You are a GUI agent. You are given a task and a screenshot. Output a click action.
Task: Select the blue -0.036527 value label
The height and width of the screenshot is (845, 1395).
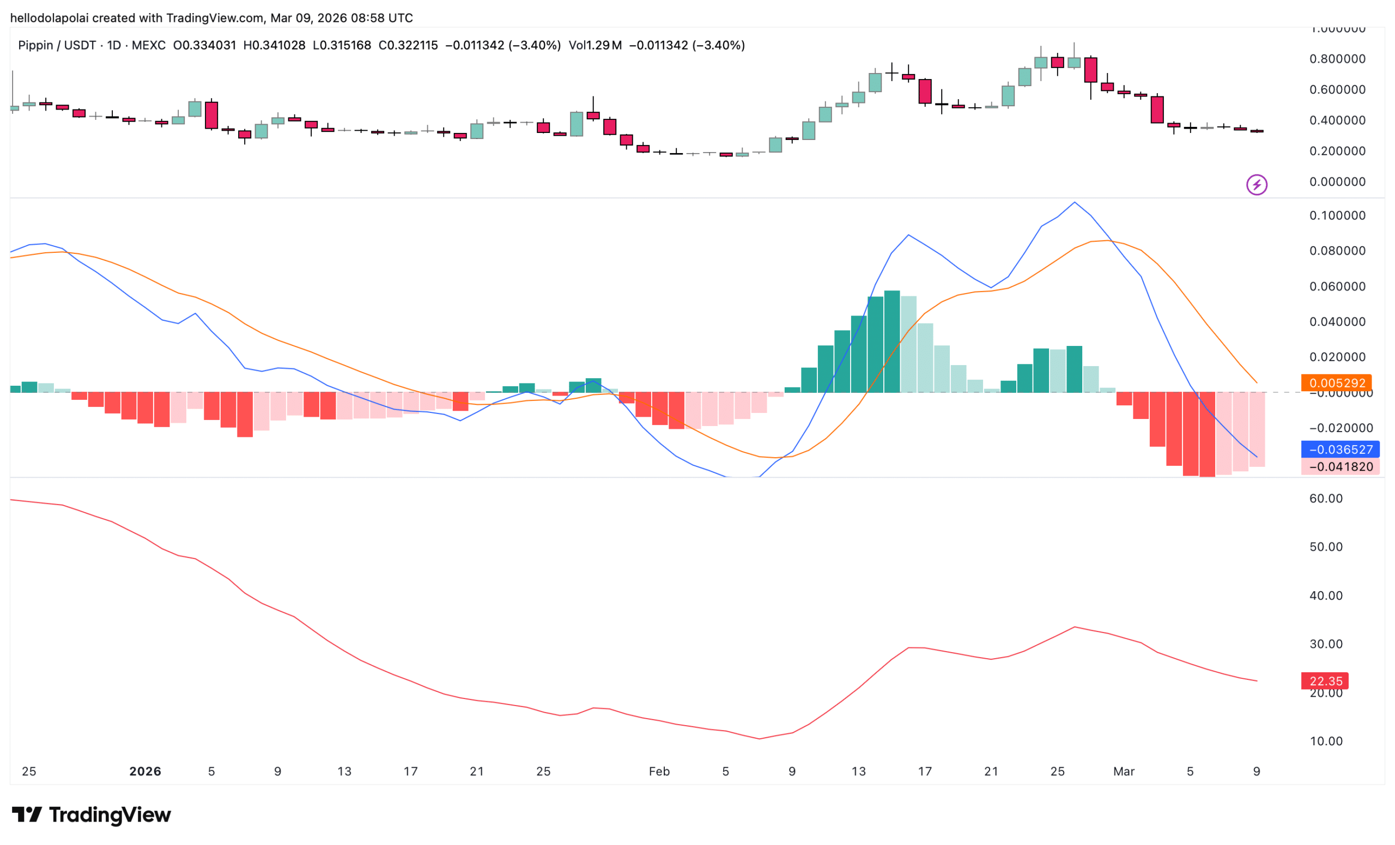(1340, 449)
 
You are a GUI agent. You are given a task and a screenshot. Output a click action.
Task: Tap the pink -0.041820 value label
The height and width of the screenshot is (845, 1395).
(1340, 467)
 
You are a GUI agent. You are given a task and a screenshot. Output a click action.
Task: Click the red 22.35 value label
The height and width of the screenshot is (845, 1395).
(1325, 681)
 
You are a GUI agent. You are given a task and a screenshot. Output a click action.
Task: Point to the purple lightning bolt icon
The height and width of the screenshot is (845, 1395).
(1256, 185)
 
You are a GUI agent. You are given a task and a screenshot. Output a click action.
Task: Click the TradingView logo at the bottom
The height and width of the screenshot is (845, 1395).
(91, 815)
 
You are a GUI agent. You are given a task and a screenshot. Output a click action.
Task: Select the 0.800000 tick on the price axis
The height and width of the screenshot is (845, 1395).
(1337, 59)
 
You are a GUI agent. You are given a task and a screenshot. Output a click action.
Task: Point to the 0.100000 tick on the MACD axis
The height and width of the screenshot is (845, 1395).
(1337, 216)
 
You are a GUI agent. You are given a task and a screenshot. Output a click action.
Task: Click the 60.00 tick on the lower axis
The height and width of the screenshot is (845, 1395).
(1326, 499)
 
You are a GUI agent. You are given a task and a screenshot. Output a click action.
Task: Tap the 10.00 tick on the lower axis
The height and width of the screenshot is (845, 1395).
(1326, 741)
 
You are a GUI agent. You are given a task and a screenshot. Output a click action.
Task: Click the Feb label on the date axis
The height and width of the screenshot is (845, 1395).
(659, 771)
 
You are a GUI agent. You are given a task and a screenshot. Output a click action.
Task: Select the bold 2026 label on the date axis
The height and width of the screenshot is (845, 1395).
(145, 771)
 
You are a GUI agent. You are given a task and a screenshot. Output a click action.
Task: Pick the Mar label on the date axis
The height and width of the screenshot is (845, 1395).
(1124, 771)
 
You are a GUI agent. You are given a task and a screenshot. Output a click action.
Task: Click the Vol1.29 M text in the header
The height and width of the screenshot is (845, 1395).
(595, 45)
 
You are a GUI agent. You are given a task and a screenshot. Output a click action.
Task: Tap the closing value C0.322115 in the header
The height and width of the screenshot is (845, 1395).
(408, 45)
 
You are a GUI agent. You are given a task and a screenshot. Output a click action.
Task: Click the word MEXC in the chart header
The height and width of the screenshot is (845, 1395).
(148, 45)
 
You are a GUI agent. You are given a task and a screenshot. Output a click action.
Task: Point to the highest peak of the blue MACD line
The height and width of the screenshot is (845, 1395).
(1075, 202)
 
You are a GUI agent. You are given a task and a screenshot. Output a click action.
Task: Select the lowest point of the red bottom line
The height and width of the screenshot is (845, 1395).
(759, 739)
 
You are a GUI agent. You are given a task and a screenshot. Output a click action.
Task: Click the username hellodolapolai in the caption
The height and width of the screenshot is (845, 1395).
(49, 18)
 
